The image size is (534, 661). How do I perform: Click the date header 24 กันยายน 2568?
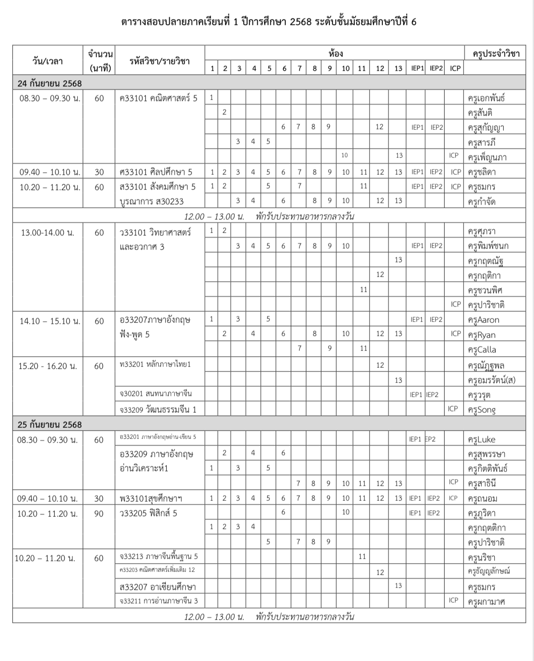(49, 83)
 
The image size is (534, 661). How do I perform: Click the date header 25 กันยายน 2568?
(49, 424)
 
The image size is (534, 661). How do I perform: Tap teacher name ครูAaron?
(483, 320)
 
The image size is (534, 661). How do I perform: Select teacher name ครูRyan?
(482, 335)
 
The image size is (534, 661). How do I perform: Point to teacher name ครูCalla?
(482, 350)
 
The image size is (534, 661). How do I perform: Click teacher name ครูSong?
(482, 410)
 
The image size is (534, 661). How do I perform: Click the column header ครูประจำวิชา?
(493, 54)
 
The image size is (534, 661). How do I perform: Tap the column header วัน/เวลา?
(48, 61)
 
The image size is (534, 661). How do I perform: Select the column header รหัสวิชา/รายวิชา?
(160, 61)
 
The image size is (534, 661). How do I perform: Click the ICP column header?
(455, 69)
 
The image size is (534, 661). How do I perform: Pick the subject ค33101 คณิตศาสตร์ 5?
(158, 98)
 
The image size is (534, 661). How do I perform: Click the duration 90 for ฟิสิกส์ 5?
(99, 514)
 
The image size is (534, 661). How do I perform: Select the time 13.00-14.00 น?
(48, 232)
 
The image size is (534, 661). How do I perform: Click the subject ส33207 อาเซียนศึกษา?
(157, 587)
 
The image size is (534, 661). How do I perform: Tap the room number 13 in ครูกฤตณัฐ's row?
(398, 260)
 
